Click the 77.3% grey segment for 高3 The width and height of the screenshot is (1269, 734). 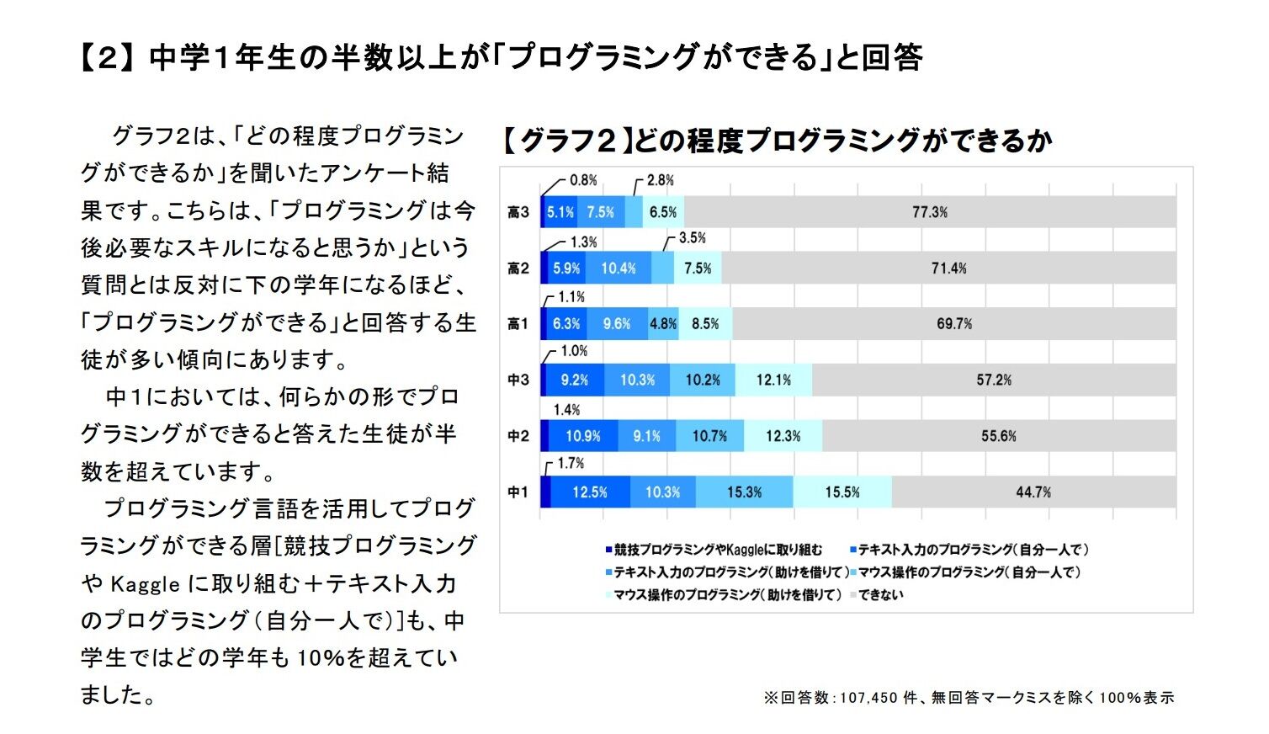tap(930, 212)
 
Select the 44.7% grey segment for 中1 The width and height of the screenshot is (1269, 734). tap(1033, 492)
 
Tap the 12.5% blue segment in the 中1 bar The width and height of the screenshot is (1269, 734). tap(590, 492)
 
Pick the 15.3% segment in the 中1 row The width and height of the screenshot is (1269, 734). tap(744, 492)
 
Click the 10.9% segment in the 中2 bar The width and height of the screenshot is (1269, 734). tap(582, 436)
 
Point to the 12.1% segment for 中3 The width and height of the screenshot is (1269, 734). tap(773, 380)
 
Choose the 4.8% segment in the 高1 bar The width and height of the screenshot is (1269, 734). tap(663, 324)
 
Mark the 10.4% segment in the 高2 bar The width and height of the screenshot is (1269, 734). tap(619, 269)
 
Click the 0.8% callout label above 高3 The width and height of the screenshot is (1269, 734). tap(583, 180)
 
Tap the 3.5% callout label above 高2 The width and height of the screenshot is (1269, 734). tap(692, 238)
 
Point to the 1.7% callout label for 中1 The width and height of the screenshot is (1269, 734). tap(571, 463)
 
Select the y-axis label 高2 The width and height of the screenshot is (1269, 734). tap(518, 269)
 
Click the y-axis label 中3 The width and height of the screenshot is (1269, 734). tap(518, 380)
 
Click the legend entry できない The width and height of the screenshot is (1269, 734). tap(880, 594)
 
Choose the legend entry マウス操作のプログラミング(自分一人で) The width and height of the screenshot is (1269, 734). tap(969, 572)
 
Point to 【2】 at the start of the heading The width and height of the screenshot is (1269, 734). tap(107, 58)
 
